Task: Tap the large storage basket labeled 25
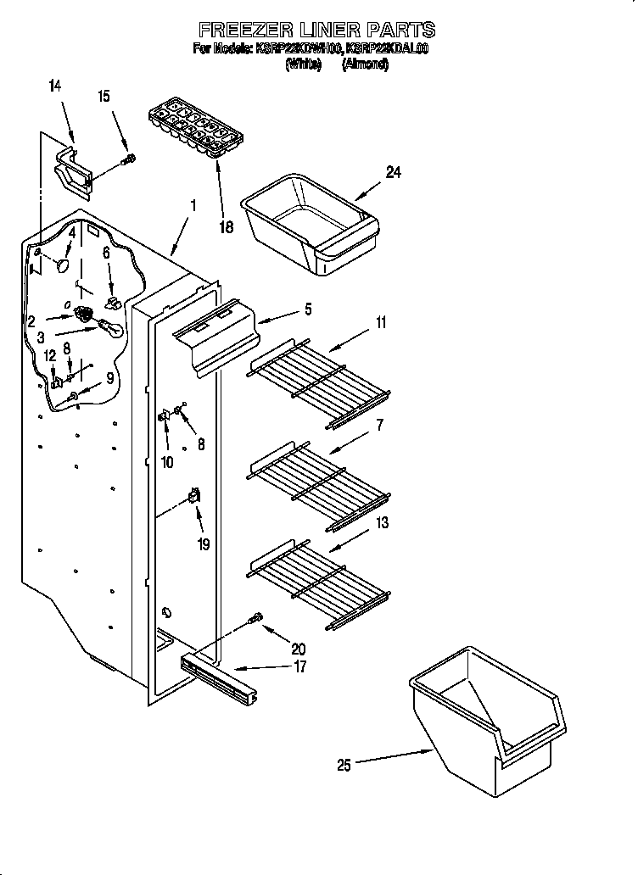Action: [484, 721]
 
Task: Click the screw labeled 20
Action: [254, 621]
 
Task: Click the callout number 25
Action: [344, 766]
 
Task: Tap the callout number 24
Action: [393, 172]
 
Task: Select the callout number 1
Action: [193, 204]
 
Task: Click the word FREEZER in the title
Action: [243, 30]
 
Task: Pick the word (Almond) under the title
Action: [365, 64]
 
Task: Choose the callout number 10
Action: [167, 462]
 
